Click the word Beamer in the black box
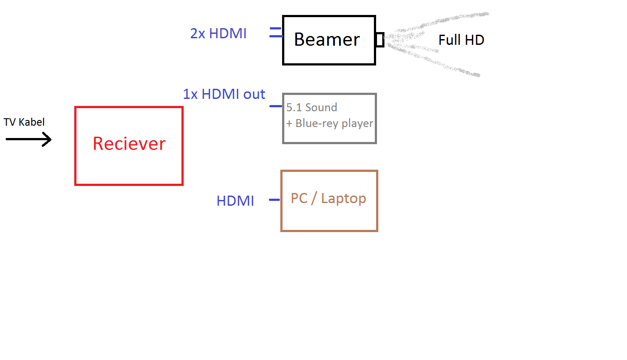click(327, 39)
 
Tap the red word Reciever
click(129, 144)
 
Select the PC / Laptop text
click(328, 199)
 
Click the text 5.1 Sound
click(312, 107)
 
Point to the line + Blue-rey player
click(330, 124)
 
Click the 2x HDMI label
click(218, 33)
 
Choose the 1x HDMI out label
click(224, 94)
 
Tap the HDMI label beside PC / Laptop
click(235, 201)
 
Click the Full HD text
click(461, 40)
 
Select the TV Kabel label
click(24, 122)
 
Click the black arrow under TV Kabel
click(29, 139)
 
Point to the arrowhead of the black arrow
click(51, 139)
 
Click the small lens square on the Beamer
click(380, 40)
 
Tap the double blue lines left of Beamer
click(276, 33)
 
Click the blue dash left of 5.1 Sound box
click(276, 106)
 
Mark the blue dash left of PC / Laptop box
click(275, 200)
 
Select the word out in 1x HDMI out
click(254, 95)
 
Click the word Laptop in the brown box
click(344, 199)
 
